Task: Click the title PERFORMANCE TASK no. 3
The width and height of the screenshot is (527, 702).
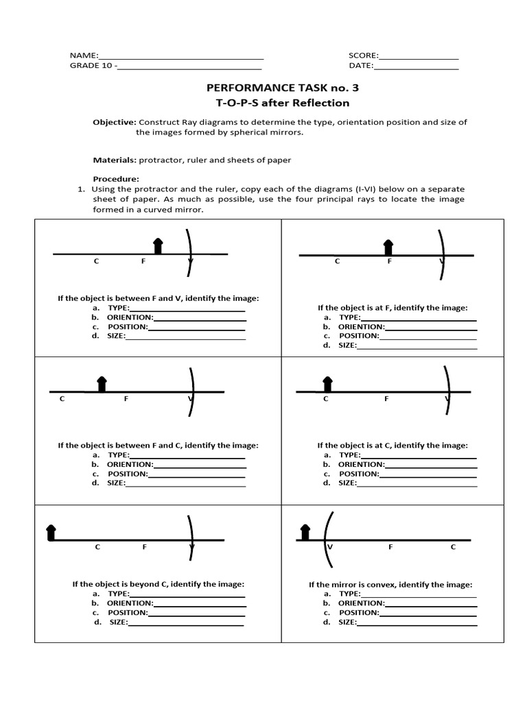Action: click(282, 88)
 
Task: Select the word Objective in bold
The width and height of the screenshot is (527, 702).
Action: click(115, 122)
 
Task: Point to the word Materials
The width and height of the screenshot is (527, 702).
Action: click(115, 160)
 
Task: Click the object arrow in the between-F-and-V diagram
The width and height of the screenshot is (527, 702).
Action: click(158, 246)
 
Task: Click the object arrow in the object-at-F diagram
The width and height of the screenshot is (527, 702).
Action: click(388, 247)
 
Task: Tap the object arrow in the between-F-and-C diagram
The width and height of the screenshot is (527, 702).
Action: click(102, 384)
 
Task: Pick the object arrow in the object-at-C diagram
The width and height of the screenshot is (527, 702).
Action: click(327, 384)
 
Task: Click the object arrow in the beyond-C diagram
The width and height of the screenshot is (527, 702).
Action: click(51, 532)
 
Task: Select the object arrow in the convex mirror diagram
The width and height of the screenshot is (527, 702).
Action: click(305, 532)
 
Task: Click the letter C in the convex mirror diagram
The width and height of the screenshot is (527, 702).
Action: click(453, 547)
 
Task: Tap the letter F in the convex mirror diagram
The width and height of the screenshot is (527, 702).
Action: click(390, 547)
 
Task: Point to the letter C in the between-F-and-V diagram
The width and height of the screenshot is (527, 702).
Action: click(97, 261)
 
